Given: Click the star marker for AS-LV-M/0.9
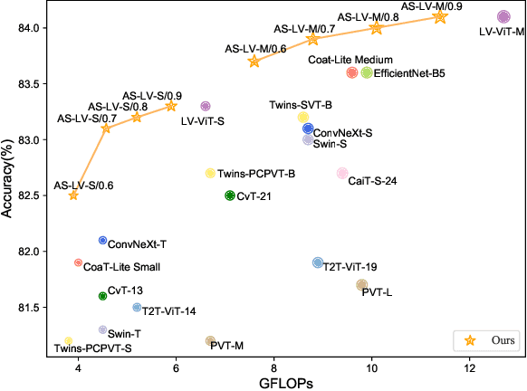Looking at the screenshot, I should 440,17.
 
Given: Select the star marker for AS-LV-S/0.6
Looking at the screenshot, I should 73,195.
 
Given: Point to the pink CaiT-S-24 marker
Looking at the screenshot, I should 342,173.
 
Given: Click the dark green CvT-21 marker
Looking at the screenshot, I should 230,195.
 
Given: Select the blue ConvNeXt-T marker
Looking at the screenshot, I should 102,240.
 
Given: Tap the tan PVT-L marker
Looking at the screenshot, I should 362,285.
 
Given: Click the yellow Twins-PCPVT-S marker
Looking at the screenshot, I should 68,340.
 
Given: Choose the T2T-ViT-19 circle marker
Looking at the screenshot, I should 318,262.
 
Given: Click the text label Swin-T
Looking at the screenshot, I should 124,334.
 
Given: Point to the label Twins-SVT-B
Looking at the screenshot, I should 301,105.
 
